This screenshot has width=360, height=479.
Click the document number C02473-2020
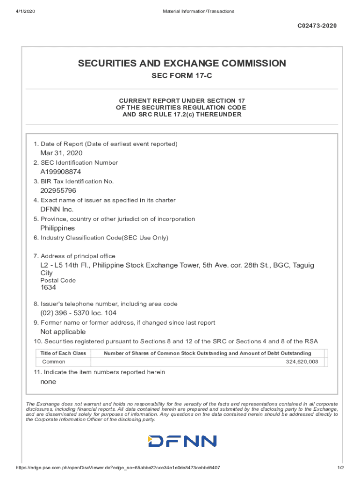pos(317,26)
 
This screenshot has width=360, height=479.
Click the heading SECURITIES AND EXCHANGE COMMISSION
pos(182,63)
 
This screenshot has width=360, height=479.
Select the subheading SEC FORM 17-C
pos(182,76)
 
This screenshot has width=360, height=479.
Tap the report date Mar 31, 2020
pos(61,153)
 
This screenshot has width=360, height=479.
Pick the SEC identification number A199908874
pos(60,172)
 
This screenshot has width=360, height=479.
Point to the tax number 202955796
pos(58,190)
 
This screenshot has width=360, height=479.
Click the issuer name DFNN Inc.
pos(57,209)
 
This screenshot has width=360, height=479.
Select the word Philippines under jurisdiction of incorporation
pos(58,228)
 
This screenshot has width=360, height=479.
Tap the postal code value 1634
pos(48,287)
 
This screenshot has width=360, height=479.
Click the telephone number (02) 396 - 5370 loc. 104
pos(78,313)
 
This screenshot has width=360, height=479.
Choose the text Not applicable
pos(63,332)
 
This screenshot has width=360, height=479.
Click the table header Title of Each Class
pos(63,353)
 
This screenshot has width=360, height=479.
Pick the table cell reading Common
pos(54,362)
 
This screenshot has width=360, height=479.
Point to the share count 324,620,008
pos(302,362)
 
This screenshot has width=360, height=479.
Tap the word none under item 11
pos(48,382)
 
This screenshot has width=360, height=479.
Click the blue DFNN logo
pos(182,441)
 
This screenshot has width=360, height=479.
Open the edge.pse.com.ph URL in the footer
pos(118,468)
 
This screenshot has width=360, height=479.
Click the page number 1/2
pos(341,468)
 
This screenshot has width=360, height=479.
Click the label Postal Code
pos(58,280)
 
